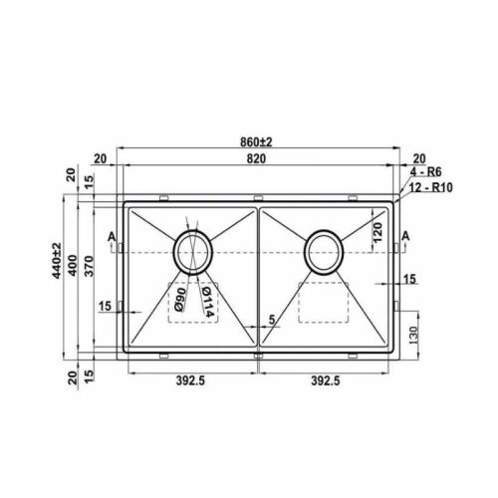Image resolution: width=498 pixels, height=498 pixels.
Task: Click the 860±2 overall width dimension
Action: (256, 142)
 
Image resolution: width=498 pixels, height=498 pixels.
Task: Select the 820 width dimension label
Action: (256, 159)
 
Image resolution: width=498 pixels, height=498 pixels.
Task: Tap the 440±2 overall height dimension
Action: (57, 261)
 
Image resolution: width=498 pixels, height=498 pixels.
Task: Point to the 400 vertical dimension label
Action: (73, 265)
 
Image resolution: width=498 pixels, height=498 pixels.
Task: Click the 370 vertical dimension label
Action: (89, 266)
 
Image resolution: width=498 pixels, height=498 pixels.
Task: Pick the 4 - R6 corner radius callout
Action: (425, 172)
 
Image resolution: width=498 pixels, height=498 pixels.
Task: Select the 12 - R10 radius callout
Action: (430, 187)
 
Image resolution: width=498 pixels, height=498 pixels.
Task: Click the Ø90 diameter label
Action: (179, 300)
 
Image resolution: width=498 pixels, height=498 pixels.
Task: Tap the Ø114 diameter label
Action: (207, 302)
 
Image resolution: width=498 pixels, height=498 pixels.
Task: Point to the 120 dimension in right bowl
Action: (377, 232)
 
